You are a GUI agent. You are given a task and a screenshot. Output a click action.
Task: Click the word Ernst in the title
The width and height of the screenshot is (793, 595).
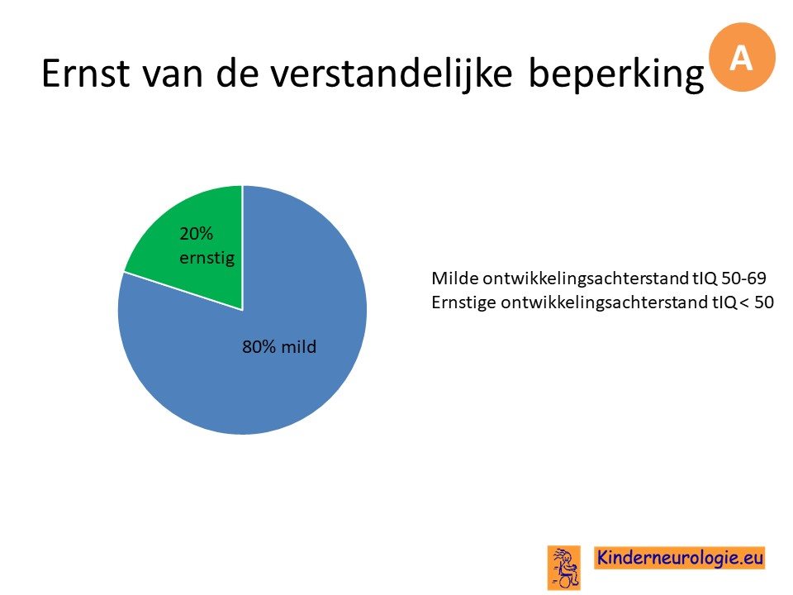pos(85,73)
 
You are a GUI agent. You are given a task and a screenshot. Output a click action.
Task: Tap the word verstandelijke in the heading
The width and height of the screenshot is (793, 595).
pos(391,73)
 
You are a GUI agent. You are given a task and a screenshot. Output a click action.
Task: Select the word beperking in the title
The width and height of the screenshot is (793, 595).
pos(616,74)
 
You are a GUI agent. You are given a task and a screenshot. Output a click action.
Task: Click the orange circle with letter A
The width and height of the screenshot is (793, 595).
pos(742,57)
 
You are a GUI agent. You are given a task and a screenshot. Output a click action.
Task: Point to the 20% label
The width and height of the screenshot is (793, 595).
pos(197,234)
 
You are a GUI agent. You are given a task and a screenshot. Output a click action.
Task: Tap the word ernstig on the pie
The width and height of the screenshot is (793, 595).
pos(207,259)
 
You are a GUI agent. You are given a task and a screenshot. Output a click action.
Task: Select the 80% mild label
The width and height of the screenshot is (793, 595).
pos(279,346)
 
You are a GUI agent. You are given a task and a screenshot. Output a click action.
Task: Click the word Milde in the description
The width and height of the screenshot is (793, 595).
pos(454,278)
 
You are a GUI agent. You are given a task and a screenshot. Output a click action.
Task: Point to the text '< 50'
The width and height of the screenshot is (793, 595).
pos(757,302)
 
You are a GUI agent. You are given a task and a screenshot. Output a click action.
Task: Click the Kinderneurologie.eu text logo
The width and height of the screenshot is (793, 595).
pos(679,558)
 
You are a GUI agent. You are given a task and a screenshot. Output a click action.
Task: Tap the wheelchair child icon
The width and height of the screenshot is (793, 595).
pos(564,568)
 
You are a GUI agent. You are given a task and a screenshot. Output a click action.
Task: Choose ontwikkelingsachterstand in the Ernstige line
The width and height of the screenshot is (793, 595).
pos(604,302)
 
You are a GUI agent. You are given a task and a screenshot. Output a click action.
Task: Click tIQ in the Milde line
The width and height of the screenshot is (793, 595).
pos(705,278)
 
